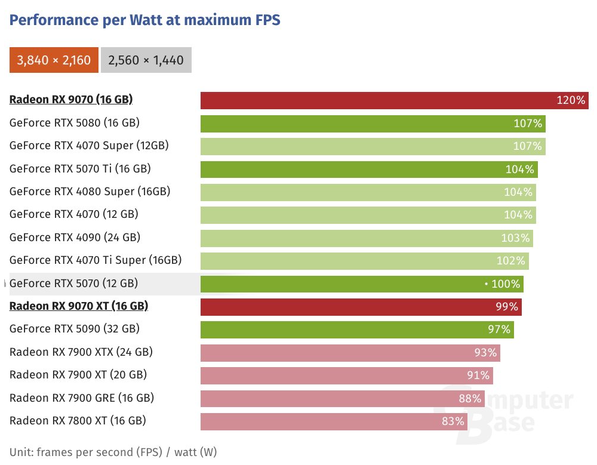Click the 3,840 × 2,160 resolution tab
click(54, 60)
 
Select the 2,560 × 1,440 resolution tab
click(146, 60)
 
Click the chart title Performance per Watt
click(145, 20)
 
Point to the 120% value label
click(571, 100)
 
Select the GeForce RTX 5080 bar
click(358, 124)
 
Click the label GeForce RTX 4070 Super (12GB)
click(89, 146)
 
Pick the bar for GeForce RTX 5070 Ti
click(358, 170)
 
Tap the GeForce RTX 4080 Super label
click(90, 192)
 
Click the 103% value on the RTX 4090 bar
click(515, 238)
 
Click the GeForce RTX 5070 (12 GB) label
click(73, 284)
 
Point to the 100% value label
click(506, 284)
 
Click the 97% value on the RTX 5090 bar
click(499, 329)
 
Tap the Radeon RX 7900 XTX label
click(81, 352)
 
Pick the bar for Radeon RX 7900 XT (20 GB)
click(334, 375)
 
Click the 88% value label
click(470, 398)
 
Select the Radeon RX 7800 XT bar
click(322, 421)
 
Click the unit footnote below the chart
click(113, 452)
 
